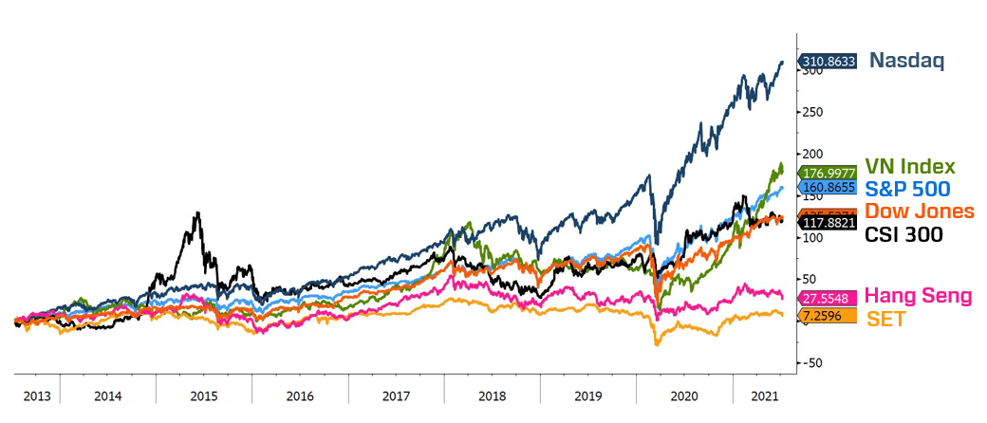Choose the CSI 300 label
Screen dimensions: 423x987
903,233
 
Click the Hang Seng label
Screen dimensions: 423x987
918,296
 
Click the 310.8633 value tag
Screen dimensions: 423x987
829,62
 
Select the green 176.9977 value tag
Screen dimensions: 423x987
830,173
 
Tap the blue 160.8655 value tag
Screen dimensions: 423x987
830,188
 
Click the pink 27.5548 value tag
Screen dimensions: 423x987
830,297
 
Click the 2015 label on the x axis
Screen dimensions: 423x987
204,395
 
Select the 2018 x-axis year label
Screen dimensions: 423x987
492,395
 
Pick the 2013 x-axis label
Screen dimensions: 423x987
36,395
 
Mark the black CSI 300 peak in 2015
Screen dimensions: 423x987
196,212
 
